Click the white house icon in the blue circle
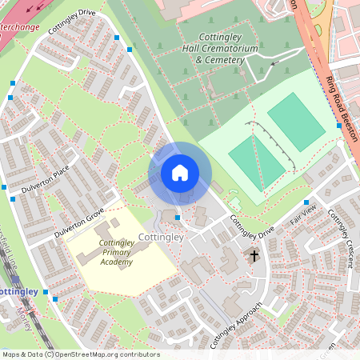(180, 173)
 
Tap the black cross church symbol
(254, 257)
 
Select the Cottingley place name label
(161, 238)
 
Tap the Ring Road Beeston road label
(341, 108)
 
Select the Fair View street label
(303, 214)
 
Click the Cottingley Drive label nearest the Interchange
(71, 22)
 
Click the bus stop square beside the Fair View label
(306, 202)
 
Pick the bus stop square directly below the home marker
(177, 218)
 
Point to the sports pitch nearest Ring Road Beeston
(297, 121)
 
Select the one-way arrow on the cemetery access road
(277, 62)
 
